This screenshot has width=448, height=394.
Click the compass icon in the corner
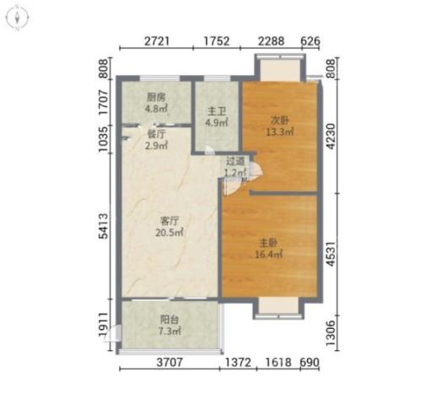[18, 18]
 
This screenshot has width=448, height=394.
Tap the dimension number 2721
[157, 41]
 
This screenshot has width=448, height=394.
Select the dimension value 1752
[217, 41]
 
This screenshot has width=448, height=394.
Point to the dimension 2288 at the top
[271, 41]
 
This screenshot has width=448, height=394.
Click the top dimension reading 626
[310, 41]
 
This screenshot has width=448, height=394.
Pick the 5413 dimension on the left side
[104, 226]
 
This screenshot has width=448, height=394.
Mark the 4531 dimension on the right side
[331, 254]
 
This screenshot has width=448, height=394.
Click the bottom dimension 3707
[170, 362]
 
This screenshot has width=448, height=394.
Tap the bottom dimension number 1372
[238, 362]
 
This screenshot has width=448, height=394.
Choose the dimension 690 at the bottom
[310, 362]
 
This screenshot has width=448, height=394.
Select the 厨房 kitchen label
[156, 97]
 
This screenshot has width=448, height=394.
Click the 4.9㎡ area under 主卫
[217, 122]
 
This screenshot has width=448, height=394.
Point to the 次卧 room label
[280, 121]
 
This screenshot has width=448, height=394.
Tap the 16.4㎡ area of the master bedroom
[269, 254]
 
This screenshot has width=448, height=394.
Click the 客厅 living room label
[170, 220]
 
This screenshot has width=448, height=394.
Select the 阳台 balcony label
[170, 319]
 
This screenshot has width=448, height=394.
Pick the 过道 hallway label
[235, 161]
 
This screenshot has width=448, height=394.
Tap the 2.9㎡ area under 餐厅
[156, 146]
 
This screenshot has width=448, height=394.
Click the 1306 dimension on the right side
[331, 333]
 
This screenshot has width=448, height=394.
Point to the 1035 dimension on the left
[104, 139]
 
